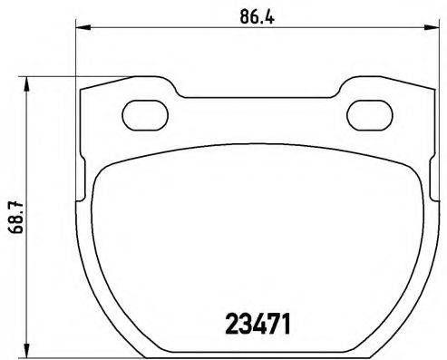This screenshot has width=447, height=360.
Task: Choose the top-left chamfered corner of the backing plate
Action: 84,92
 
